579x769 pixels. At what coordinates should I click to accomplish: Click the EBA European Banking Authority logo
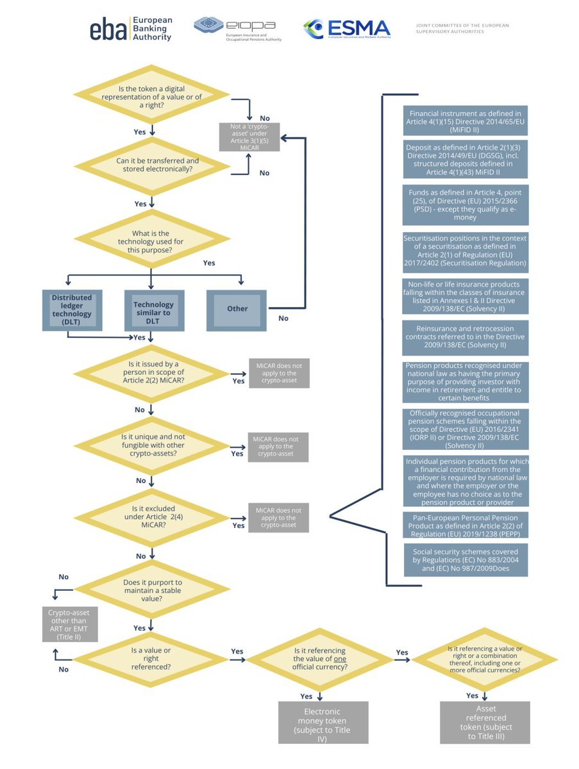pyautogui.click(x=130, y=29)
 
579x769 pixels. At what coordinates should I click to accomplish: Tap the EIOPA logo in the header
pyautogui.click(x=237, y=29)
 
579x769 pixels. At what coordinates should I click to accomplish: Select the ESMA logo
pyautogui.click(x=346, y=29)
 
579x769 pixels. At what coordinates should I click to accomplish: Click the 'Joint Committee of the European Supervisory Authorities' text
pyautogui.click(x=462, y=28)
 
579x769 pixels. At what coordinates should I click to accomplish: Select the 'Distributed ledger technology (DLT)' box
pyautogui.click(x=72, y=310)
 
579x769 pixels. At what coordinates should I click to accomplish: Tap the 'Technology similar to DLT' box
pyautogui.click(x=153, y=310)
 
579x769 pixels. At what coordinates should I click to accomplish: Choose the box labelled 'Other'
pyautogui.click(x=237, y=309)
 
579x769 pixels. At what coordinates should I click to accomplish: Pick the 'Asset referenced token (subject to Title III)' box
pyautogui.click(x=485, y=722)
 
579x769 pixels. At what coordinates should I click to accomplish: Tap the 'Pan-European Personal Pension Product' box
pyautogui.click(x=466, y=525)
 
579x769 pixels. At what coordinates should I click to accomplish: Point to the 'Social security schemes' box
pyautogui.click(x=466, y=559)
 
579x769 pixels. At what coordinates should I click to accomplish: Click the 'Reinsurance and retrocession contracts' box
pyautogui.click(x=466, y=336)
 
